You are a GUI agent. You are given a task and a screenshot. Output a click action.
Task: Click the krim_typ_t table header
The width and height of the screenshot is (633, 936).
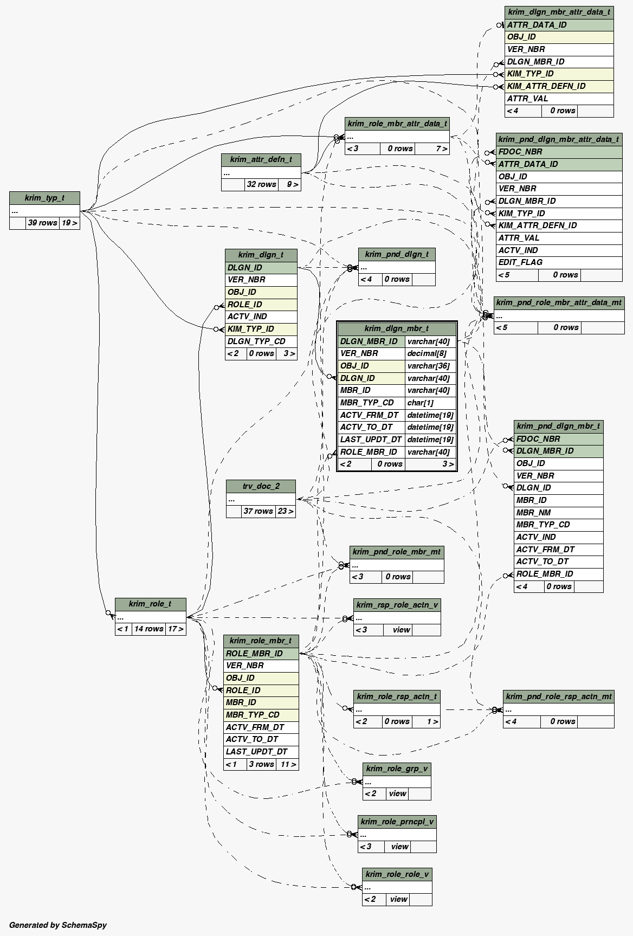point(44,198)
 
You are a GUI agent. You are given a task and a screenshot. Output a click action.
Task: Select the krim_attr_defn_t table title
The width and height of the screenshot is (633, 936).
point(261,159)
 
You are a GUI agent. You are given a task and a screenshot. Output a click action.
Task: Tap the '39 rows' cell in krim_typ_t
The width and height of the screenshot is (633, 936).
point(42,223)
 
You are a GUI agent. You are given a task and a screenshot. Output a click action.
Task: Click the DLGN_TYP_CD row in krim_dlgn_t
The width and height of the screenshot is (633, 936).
point(261,341)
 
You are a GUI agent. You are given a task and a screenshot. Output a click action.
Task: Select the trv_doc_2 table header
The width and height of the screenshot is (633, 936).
point(261,486)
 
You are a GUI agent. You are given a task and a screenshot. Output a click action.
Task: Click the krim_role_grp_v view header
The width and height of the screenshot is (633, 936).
point(397,769)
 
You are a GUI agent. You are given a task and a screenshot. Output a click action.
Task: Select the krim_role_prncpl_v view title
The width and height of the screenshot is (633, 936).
point(397,822)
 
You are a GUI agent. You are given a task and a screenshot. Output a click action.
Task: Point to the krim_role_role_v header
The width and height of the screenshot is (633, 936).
point(397,874)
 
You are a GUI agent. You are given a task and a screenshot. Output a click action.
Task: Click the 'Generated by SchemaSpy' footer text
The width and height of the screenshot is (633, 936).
point(58,925)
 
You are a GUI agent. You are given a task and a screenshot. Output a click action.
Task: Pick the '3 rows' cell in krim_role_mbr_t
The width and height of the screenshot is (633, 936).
point(261,764)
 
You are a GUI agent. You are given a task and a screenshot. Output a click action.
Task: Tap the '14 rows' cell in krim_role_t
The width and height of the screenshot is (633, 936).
point(148,629)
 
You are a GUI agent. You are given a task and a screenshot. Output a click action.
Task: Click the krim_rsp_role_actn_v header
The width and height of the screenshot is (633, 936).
point(397,605)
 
